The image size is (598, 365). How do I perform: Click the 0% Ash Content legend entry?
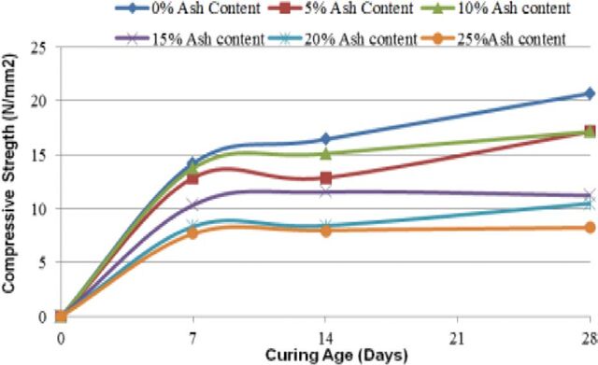[x=189, y=8]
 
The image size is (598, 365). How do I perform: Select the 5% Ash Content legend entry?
[x=341, y=8]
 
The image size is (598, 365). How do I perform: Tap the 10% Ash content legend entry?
[x=496, y=8]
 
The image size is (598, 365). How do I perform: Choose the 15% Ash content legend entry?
[x=190, y=38]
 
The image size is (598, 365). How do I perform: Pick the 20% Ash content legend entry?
[x=342, y=38]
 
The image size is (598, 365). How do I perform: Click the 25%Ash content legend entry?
[x=493, y=38]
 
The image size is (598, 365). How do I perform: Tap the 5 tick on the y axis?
[x=51, y=262]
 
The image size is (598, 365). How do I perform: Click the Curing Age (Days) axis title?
[x=336, y=356]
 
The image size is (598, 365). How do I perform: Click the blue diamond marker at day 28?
[x=590, y=93]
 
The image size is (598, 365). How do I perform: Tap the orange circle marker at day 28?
[x=590, y=228]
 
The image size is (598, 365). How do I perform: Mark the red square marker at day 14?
[x=326, y=177]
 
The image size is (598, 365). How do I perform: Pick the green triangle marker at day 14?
[x=326, y=154]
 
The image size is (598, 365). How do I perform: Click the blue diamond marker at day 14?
[x=326, y=139]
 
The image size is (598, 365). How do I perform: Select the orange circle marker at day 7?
[x=192, y=233]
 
